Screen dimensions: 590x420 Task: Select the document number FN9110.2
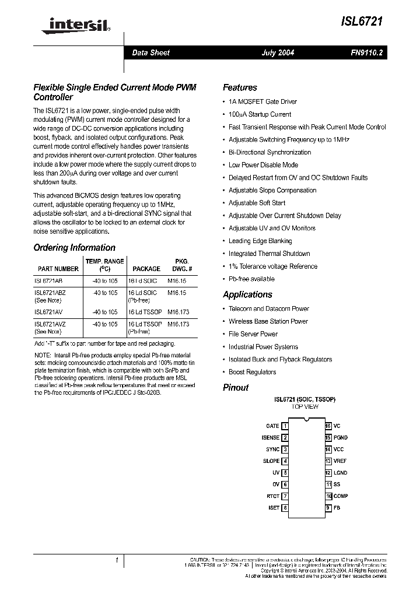coord(365,53)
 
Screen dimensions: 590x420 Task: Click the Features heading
coord(240,88)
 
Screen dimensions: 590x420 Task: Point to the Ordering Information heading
coord(74,248)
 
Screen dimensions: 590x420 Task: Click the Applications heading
coord(247,295)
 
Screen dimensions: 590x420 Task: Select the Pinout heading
coord(236,388)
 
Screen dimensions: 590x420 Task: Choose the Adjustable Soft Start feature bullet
coord(257,203)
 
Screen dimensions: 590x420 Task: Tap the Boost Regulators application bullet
coord(252,372)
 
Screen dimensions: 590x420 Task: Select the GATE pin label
coord(272,426)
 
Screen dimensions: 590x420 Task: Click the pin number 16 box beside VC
coord(328,426)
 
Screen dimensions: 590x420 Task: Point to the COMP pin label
coord(341,496)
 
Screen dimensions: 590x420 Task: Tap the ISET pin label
coord(274,508)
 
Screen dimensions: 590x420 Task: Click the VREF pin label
coord(341,461)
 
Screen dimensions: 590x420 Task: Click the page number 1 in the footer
coord(117,560)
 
